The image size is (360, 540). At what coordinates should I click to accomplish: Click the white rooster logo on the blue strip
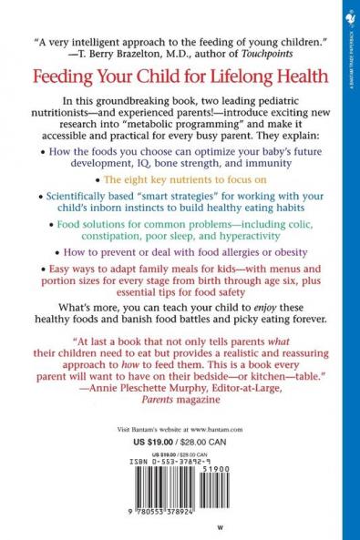point(351,16)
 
